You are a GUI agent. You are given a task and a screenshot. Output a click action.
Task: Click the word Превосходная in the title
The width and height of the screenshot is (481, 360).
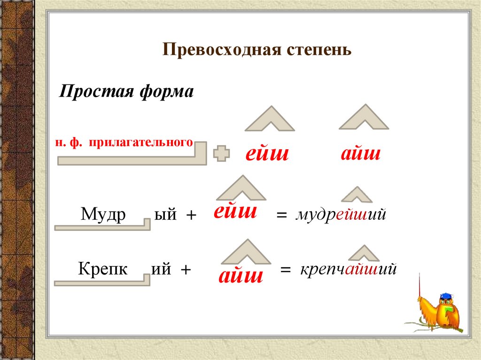220,49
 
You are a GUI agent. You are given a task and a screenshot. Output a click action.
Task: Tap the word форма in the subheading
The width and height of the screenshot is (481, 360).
167,91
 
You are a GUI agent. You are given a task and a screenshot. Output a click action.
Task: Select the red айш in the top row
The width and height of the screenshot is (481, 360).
360,153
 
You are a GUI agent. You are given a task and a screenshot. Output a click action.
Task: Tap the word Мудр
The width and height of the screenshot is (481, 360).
103,214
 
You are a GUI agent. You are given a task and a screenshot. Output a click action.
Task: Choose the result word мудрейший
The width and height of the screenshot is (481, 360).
341,215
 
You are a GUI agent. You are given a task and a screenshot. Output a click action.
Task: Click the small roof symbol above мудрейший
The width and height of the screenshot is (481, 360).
356,194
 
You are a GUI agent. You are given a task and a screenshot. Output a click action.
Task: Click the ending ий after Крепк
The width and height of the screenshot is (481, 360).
162,270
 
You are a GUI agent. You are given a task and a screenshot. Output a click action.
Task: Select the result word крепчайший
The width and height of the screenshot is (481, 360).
349,270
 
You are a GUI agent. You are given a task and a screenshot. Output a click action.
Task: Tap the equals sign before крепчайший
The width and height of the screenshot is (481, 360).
286,271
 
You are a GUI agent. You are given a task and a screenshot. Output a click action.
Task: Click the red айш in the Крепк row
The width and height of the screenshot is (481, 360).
240,275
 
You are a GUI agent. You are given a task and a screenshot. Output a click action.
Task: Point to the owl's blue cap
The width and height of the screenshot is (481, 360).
445,297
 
